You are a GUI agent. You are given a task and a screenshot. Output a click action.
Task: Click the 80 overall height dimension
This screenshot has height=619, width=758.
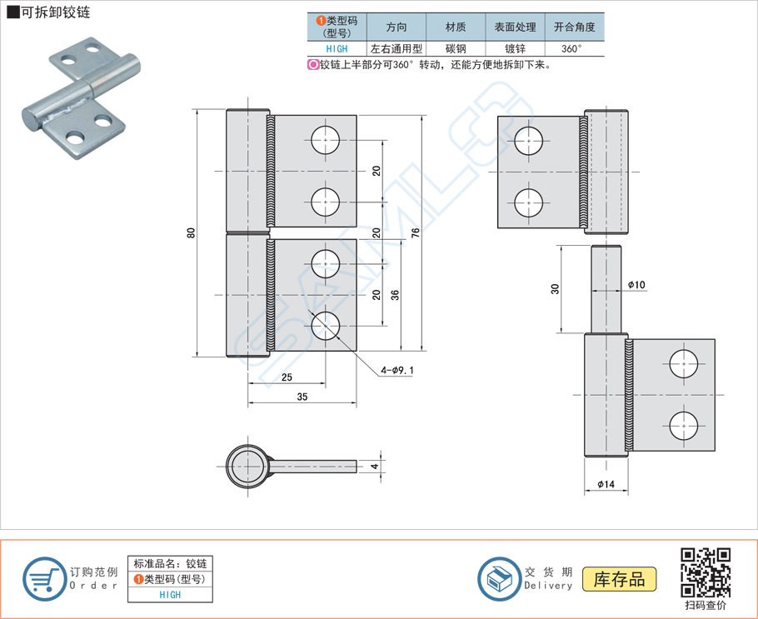click(x=191, y=234)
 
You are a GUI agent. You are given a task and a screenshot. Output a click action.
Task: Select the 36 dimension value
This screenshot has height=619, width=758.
click(x=396, y=294)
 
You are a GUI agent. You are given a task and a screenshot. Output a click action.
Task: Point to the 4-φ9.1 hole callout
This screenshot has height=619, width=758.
click(x=397, y=370)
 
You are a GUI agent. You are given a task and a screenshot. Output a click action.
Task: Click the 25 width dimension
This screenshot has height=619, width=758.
click(x=287, y=377)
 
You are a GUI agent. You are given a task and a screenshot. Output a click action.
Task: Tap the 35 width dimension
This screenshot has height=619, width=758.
click(x=302, y=397)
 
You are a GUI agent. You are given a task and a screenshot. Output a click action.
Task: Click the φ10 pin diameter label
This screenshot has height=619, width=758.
click(x=636, y=284)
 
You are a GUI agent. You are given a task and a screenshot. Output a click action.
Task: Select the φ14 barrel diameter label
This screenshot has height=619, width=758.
click(x=606, y=484)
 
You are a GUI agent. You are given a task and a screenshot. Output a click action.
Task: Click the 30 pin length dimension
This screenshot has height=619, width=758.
click(x=555, y=288)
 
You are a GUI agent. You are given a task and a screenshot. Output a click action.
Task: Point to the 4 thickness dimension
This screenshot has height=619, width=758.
click(x=376, y=466)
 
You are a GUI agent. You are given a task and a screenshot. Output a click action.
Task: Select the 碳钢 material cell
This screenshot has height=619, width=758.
click(x=456, y=48)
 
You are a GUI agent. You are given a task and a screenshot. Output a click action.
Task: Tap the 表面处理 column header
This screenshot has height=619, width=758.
click(x=514, y=27)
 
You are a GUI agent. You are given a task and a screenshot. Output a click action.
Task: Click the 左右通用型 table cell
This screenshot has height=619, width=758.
click(x=396, y=48)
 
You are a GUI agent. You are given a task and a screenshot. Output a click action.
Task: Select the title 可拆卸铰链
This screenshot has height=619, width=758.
click(x=50, y=12)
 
